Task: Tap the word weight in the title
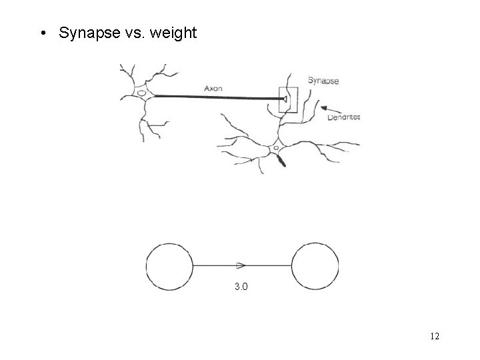click(x=170, y=33)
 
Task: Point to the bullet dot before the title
click(x=43, y=33)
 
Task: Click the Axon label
click(x=213, y=88)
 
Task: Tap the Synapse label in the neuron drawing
click(x=323, y=81)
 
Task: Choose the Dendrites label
click(x=344, y=117)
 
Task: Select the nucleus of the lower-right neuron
click(x=275, y=148)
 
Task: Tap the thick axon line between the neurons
click(x=213, y=97)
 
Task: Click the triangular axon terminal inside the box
click(x=284, y=100)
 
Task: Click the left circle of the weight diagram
click(x=169, y=266)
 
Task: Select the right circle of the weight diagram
click(x=315, y=266)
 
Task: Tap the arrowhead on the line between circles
click(x=241, y=265)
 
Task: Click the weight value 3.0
click(x=241, y=287)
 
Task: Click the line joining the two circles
click(x=213, y=265)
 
